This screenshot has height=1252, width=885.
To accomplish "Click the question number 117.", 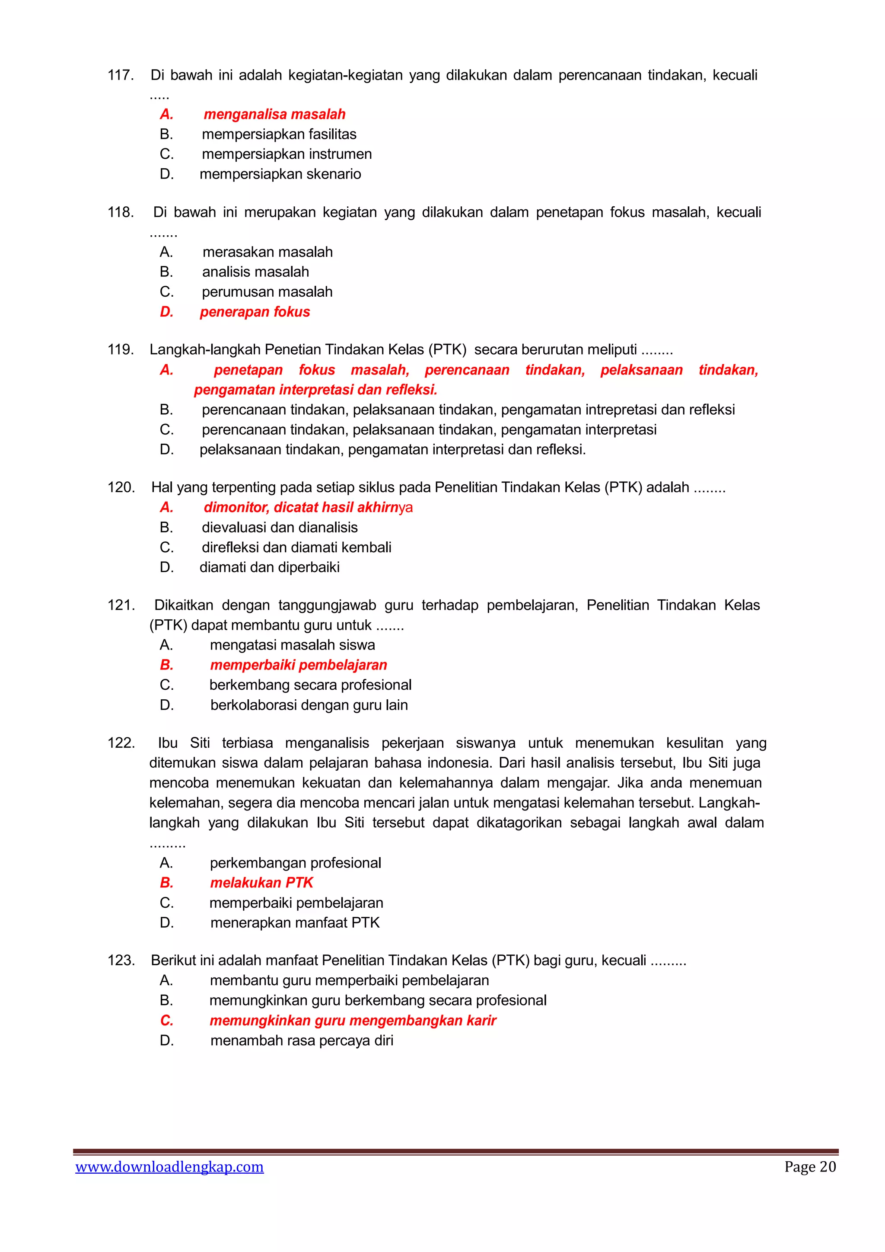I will (x=121, y=75).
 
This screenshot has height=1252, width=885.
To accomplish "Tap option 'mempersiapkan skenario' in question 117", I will (x=280, y=174).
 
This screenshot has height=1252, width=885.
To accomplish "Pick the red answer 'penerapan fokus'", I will (x=255, y=312).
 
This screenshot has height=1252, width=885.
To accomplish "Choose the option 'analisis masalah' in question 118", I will (x=255, y=272).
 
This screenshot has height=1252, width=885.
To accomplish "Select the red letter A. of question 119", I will (x=167, y=370).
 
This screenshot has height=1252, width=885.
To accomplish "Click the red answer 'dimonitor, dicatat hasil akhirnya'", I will (x=308, y=508).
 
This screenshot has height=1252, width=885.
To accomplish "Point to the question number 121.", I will (x=121, y=605).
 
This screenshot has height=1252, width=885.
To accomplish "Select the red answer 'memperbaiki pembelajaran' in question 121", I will (x=299, y=665).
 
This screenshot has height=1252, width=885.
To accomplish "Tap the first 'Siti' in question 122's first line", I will (x=200, y=743).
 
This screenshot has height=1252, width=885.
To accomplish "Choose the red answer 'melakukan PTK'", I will (x=261, y=883).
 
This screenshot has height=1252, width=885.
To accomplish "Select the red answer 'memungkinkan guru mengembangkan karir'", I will (x=353, y=1021).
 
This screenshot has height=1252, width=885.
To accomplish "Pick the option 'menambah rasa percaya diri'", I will (x=301, y=1041).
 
